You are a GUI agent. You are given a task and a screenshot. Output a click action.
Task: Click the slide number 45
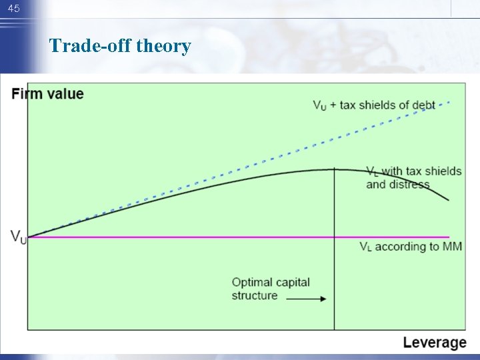coord(14,9)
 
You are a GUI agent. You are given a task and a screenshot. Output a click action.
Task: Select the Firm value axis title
coord(48,93)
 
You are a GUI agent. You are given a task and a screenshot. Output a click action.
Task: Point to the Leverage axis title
coord(435,343)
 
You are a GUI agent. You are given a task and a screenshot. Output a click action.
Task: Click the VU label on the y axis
coord(19,236)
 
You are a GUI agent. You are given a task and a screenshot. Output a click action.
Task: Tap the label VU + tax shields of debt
coord(374,105)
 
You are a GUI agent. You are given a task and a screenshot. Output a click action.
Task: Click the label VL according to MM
coord(411,247)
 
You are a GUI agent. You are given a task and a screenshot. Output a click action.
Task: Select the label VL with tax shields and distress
coord(413,178)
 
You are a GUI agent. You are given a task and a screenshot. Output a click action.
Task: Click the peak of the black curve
coord(334,169)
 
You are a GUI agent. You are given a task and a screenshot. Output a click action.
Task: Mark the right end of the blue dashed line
coord(450,102)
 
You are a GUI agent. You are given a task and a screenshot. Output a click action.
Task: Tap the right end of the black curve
coord(449,199)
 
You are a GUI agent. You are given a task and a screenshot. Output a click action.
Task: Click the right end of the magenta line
coord(450,237)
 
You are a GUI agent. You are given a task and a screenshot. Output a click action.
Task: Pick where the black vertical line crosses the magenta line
coord(334,237)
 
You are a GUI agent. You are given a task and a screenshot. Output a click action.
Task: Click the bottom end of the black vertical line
coord(334,329)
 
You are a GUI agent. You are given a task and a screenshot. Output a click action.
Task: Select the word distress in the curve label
coord(408,185)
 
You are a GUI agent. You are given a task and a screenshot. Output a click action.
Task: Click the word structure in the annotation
coord(255,295)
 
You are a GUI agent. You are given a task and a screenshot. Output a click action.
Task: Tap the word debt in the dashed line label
coord(423,105)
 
